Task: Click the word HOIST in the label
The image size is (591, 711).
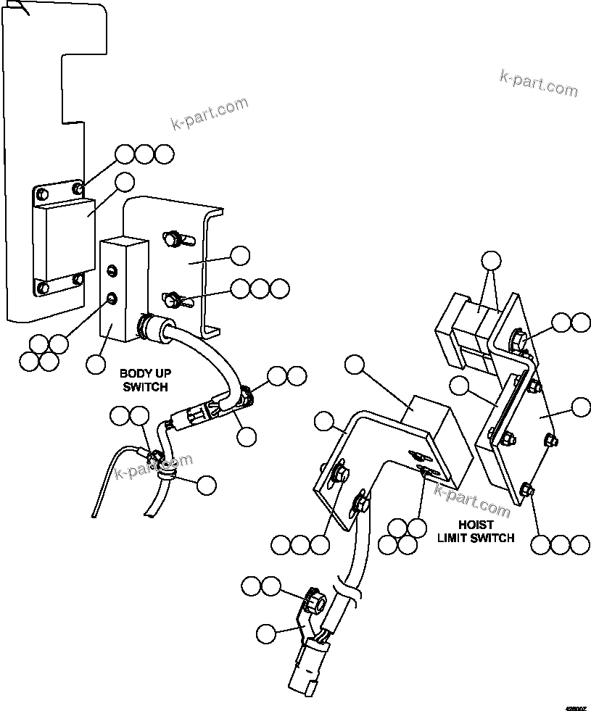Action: pyautogui.click(x=475, y=525)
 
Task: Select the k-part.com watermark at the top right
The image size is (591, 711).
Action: pyautogui.click(x=538, y=83)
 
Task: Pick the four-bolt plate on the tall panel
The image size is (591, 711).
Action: pyautogui.click(x=61, y=238)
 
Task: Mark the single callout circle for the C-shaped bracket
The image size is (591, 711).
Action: pyautogui.click(x=239, y=255)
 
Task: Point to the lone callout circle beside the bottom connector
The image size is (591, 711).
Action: pyautogui.click(x=266, y=633)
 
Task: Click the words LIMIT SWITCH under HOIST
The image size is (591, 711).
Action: pyautogui.click(x=475, y=538)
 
